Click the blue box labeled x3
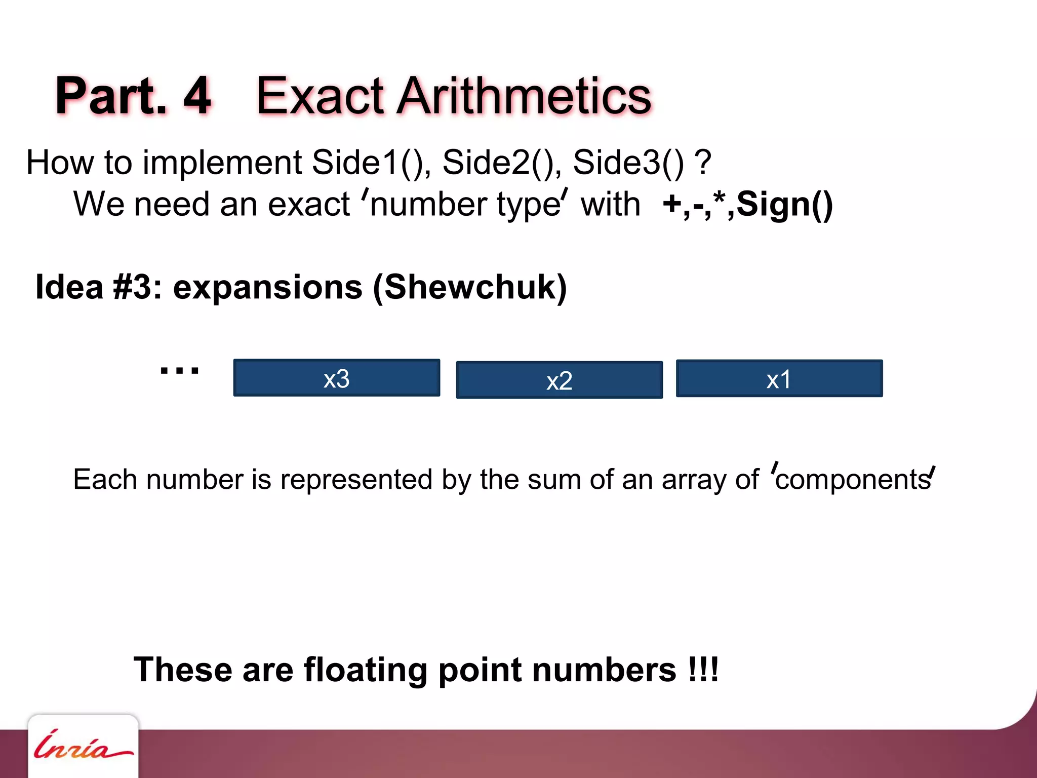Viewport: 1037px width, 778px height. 336,378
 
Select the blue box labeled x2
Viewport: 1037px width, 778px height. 559,380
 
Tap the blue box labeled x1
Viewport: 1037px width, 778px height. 779,378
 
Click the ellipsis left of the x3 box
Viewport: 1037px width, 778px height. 179,370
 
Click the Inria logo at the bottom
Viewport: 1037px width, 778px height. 83,747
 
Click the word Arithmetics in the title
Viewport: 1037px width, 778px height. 524,96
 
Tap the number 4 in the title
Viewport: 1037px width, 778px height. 197,96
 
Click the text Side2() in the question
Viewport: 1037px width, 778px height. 501,163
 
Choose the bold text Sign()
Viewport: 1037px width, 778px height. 784,205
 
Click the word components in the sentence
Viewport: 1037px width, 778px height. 853,479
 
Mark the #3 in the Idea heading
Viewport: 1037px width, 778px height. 132,287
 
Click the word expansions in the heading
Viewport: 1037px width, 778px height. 268,287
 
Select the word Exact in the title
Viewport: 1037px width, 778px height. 320,96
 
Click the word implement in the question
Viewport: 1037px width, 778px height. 222,163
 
